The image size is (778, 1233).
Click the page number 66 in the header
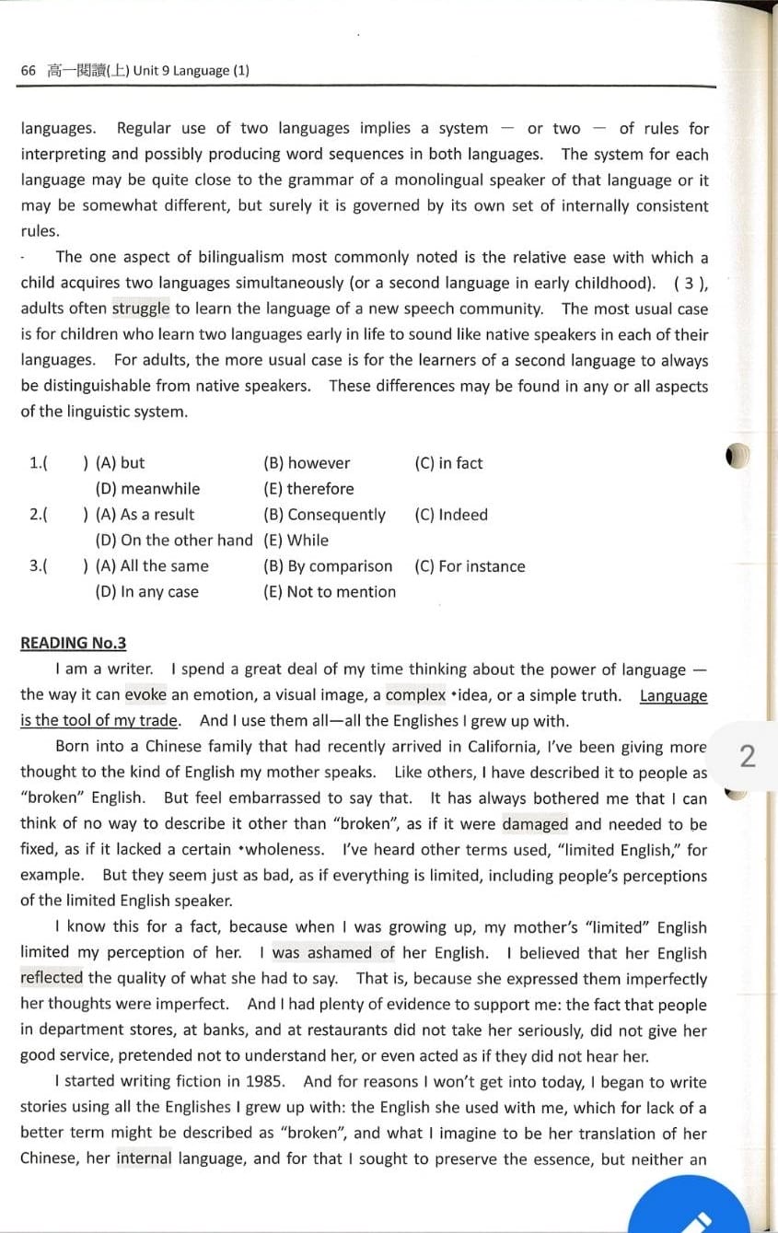(x=28, y=71)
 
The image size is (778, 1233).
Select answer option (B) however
(x=307, y=463)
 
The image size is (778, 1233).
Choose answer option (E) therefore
(x=308, y=489)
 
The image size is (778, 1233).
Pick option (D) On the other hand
(x=174, y=541)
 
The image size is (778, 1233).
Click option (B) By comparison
(x=328, y=566)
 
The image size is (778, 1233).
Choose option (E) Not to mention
(x=330, y=592)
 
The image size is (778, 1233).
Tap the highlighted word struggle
(x=141, y=309)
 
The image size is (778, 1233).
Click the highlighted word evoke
(x=145, y=695)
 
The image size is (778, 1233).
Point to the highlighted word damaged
(x=535, y=824)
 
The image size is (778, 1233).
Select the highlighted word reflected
(x=52, y=979)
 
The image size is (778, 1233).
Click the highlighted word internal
(x=144, y=1158)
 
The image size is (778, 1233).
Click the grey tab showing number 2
(x=748, y=756)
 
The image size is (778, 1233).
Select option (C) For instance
(x=470, y=566)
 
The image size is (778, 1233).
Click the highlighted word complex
(x=415, y=695)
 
